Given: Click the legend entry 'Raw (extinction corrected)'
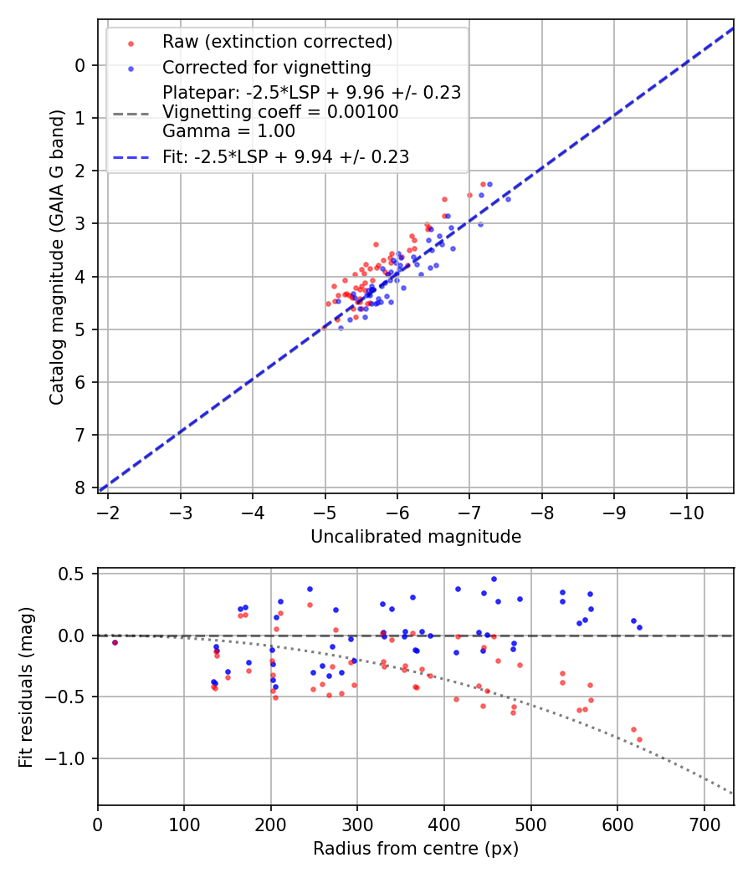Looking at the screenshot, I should coord(277,42).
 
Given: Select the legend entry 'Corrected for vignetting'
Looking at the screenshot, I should coord(266,67).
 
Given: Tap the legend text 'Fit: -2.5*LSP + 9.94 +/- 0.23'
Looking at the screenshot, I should coord(285,156).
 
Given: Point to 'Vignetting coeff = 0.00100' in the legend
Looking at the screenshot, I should coord(280,112).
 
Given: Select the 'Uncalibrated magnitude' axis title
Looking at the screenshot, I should coord(416,537).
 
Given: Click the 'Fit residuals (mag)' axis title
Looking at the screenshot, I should coord(26,687).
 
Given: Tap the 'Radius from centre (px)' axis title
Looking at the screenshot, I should coord(416,849).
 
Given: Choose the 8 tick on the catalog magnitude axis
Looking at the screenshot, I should coord(80,487).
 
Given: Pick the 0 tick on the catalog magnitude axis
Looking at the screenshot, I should coord(80,65).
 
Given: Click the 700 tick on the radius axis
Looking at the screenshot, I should coord(704,824).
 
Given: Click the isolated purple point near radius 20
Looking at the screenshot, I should coord(115,642).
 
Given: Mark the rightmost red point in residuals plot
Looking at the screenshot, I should coord(639,739).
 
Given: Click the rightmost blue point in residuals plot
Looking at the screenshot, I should coord(639,627).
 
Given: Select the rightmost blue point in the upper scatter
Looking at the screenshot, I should coord(508,199).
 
